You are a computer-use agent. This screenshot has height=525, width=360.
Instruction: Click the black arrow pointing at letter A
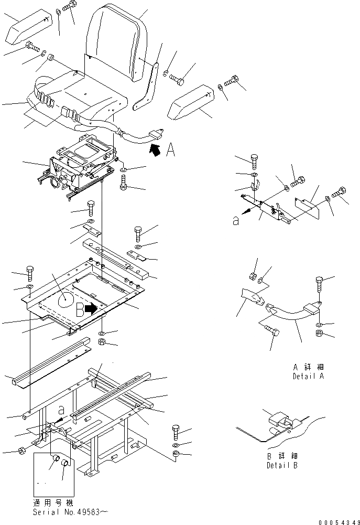(x=155, y=151)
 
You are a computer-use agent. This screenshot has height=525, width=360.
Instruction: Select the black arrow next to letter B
(x=92, y=309)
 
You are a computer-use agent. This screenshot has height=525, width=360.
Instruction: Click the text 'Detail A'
(x=308, y=377)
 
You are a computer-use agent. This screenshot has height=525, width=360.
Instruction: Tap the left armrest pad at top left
(x=28, y=29)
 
